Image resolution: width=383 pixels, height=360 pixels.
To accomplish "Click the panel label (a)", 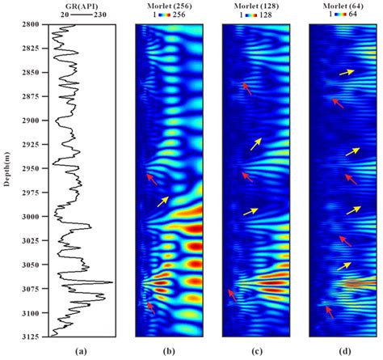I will point(81,351).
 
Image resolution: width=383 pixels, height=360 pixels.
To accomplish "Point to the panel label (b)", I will point(169,351).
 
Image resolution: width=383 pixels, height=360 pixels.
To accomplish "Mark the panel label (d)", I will point(343,351).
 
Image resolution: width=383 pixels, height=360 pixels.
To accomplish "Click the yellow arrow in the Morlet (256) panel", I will point(163,199).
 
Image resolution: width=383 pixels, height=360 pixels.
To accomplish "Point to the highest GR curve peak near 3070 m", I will point(111,282).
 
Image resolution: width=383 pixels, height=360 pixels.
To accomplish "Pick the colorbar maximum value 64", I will point(361,15).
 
